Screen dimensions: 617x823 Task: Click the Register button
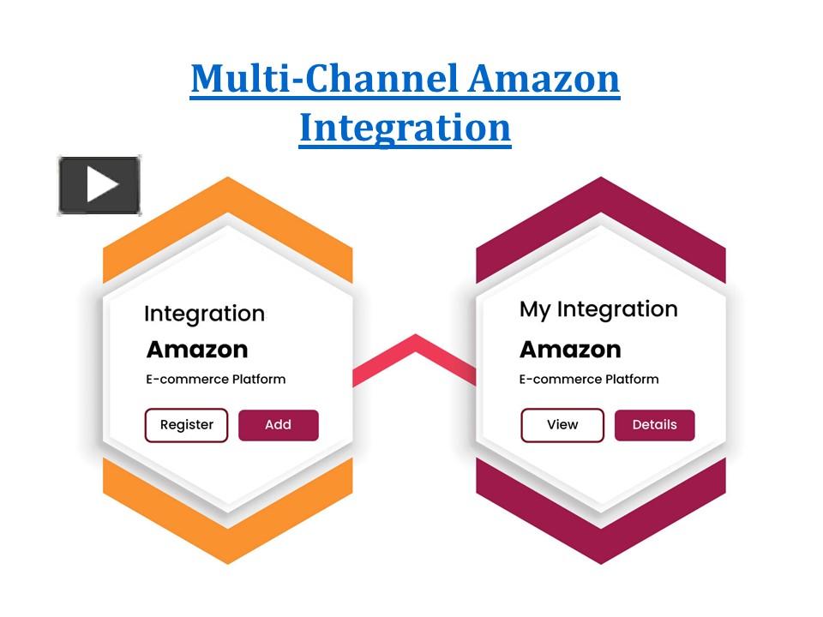[186, 425]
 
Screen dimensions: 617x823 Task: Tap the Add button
[278, 425]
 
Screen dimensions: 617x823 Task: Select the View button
[562, 425]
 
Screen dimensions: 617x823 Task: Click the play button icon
[99, 185]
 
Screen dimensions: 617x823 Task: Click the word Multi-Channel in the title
[326, 79]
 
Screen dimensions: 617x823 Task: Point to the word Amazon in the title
[544, 79]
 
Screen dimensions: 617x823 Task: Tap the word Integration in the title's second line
[405, 127]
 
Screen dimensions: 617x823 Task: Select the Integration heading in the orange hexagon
[204, 314]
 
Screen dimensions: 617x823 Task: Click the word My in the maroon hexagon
[535, 309]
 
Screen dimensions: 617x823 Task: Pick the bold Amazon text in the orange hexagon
[197, 350]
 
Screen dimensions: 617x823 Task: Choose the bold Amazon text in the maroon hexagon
[570, 350]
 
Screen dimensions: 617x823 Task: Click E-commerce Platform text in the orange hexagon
[216, 379]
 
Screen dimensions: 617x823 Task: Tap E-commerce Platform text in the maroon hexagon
[589, 379]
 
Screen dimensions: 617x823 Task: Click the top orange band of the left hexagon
[227, 206]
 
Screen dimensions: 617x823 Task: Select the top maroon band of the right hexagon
[600, 206]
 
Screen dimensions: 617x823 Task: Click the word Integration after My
[617, 309]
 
